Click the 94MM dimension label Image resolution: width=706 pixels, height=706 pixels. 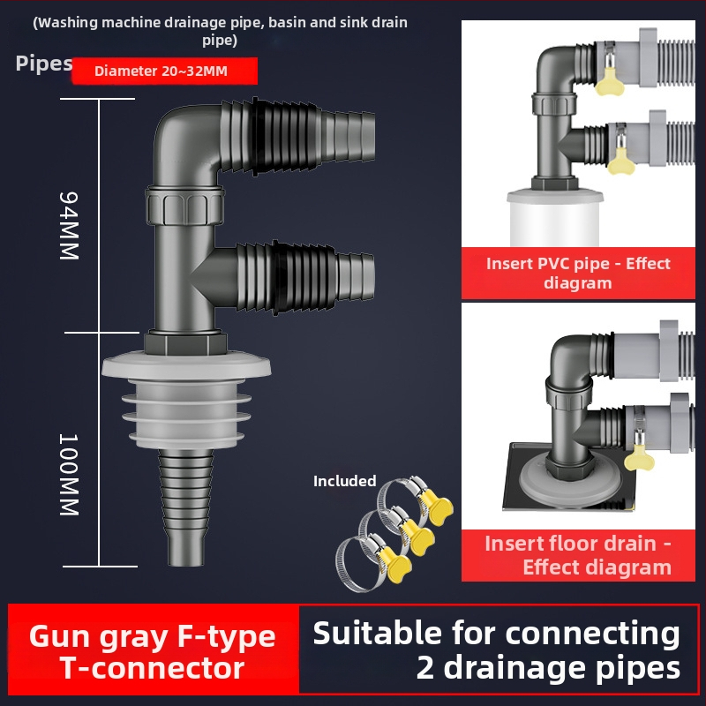[70, 225]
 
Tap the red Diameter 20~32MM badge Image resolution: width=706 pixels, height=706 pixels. [164, 71]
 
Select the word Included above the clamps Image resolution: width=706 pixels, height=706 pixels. [344, 482]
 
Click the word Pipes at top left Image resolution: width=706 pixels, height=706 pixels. [43, 64]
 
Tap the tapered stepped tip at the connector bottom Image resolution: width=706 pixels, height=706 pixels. [186, 512]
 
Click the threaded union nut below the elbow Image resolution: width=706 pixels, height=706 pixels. [186, 206]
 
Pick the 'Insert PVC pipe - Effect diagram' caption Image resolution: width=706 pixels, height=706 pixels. [578, 273]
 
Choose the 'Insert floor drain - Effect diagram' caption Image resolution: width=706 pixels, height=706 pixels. [577, 554]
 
